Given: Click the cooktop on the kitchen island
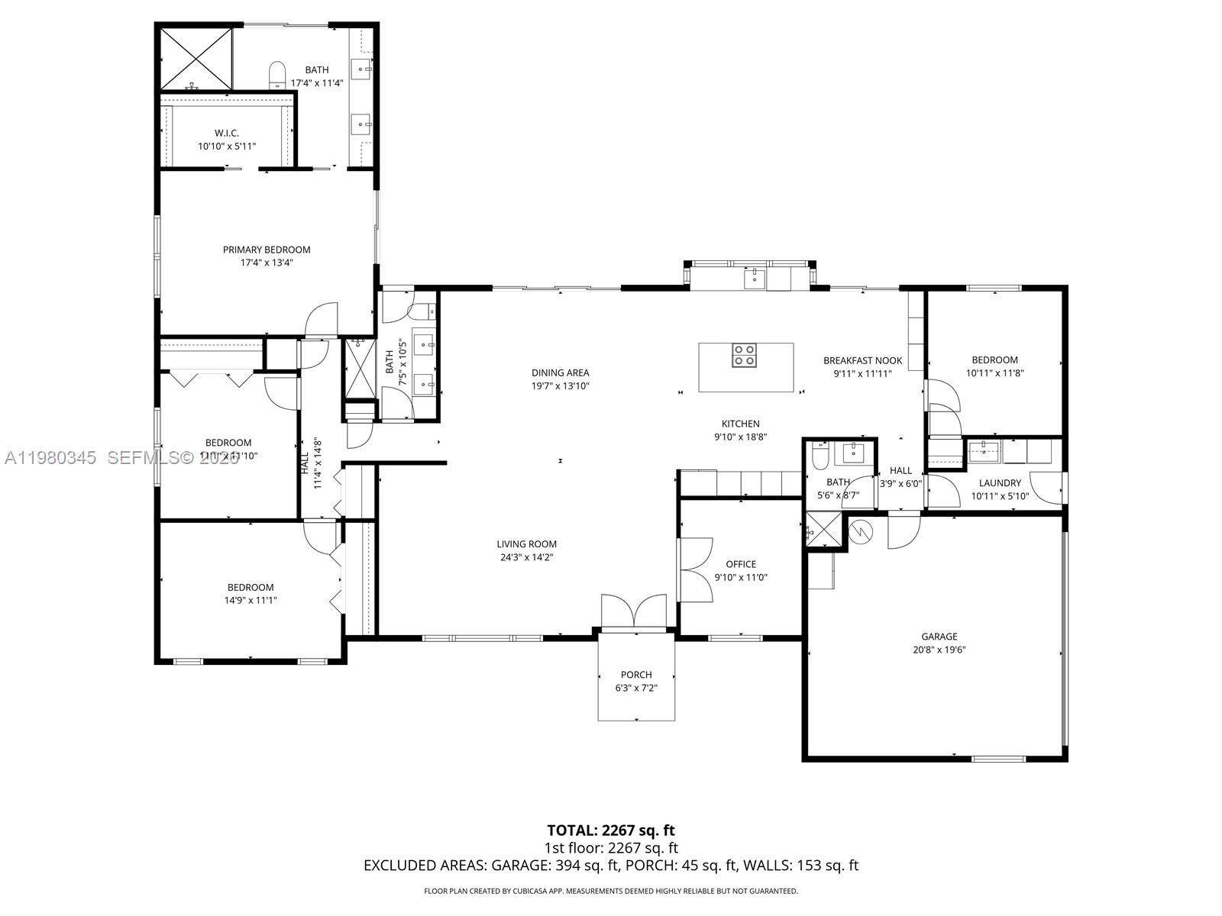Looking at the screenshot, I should coord(745,356).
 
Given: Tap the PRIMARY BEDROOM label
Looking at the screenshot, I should coord(267,250).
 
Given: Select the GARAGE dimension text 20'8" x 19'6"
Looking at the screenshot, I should coord(939,650).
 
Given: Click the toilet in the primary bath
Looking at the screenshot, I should coord(276,74).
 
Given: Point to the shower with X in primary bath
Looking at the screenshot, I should coord(196,58).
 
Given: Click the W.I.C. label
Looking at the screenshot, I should coord(227,133).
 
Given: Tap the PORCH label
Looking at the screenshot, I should coord(636,675).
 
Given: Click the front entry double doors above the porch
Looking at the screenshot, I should coord(634,612).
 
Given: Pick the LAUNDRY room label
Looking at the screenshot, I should coord(1000,482).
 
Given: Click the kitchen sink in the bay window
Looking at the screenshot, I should coord(755,277).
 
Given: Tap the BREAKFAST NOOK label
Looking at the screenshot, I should coord(862,360).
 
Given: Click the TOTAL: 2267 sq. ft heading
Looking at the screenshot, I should coord(611,830).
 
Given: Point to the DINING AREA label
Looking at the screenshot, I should coord(560,373).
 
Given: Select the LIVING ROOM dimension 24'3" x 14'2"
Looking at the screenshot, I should coord(526,557).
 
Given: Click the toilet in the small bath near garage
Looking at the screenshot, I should coord(820,457).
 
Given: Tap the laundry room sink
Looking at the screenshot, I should coord(984,450).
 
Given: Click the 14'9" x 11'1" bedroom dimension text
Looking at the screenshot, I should coord(251,601).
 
